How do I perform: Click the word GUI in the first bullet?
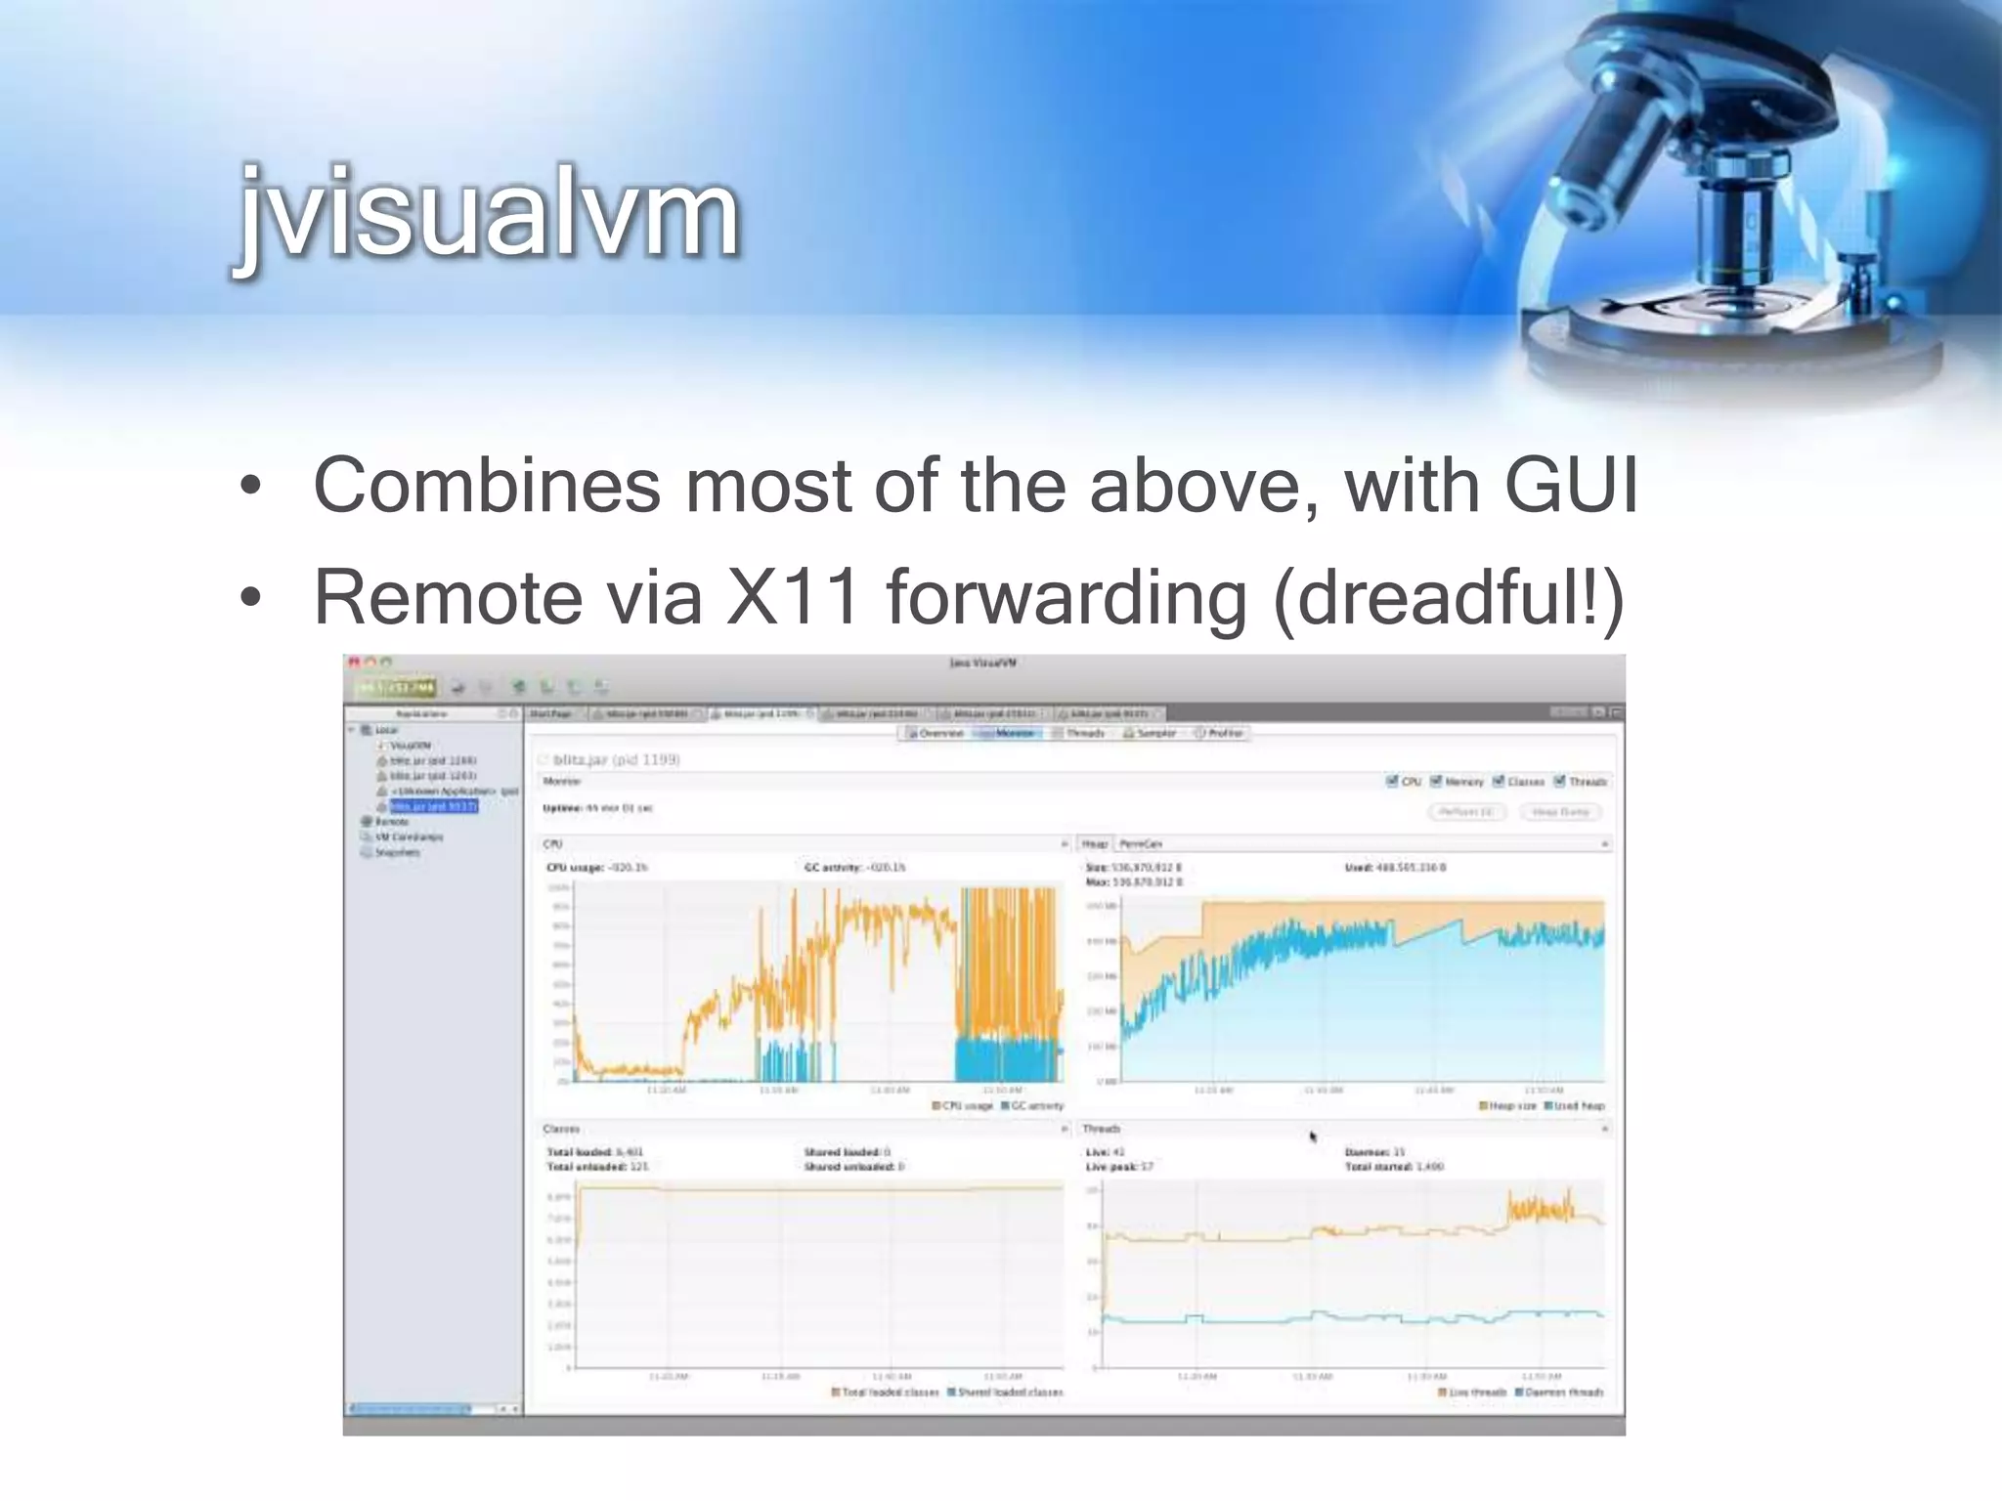(x=1570, y=485)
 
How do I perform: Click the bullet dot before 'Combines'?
(x=251, y=486)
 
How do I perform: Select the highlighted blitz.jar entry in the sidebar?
(x=433, y=806)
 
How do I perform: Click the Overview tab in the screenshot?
(x=936, y=733)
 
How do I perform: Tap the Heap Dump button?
(x=1560, y=812)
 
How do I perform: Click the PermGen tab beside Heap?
(x=1140, y=843)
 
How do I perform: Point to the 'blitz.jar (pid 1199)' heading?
(x=616, y=759)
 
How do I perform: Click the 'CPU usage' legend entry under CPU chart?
(x=962, y=1106)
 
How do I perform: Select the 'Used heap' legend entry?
(x=1573, y=1106)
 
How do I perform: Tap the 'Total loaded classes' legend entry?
(x=885, y=1392)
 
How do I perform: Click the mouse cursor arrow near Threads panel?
(x=1313, y=1136)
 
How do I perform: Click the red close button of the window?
(x=354, y=663)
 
